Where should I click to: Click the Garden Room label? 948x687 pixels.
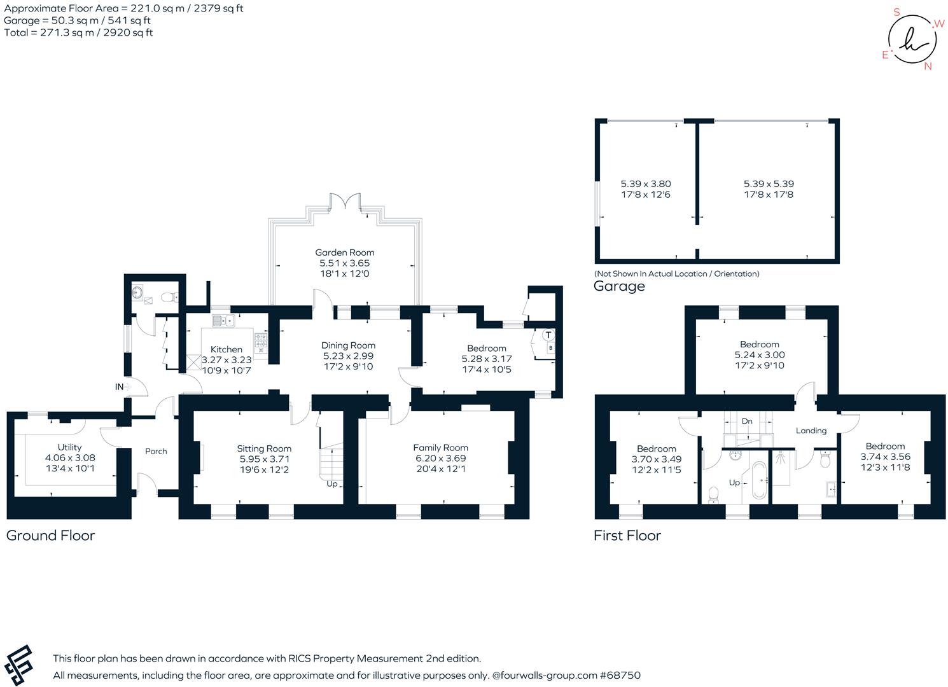pos(344,253)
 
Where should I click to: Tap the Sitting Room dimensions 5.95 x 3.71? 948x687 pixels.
pos(264,459)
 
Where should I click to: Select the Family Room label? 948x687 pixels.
pos(440,448)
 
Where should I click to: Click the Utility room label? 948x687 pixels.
pos(69,447)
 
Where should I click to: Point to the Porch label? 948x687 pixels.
pos(156,451)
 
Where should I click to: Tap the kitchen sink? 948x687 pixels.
pos(223,321)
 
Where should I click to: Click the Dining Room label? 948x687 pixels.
pos(348,345)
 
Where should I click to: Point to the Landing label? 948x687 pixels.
pos(811,431)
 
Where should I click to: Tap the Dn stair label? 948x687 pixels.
pos(747,421)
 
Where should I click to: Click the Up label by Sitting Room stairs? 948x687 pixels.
pos(331,483)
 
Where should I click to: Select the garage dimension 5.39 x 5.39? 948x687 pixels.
pos(769,184)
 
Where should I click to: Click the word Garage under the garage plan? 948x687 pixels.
pos(619,286)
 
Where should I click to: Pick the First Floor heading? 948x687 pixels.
pos(627,536)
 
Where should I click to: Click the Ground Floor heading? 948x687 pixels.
pos(50,536)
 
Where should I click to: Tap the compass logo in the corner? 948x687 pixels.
pos(912,39)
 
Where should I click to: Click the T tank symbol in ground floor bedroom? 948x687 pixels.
pos(548,335)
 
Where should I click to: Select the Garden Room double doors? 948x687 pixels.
pos(345,202)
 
